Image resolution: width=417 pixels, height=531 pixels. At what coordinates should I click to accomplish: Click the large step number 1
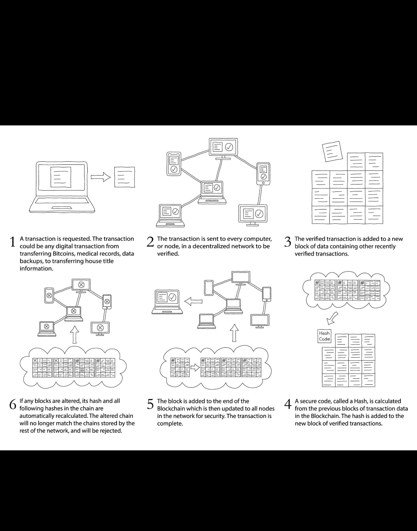[x=12, y=242]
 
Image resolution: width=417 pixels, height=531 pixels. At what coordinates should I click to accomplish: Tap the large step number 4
[x=288, y=404]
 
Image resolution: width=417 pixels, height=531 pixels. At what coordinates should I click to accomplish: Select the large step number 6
[x=13, y=404]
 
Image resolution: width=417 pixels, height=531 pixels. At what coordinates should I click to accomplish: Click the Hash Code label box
[x=324, y=336]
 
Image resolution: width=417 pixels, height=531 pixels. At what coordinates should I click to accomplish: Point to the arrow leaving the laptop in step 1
[x=101, y=177]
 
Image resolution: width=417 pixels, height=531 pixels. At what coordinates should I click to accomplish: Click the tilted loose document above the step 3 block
[x=332, y=152]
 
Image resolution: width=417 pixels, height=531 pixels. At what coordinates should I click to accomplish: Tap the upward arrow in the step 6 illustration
[x=75, y=334]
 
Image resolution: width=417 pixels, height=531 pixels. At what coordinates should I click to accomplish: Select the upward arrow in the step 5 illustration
[x=234, y=333]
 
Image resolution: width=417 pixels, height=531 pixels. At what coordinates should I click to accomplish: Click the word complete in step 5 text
[x=170, y=423]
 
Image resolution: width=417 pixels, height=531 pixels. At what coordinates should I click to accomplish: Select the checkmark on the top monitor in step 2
[x=229, y=147]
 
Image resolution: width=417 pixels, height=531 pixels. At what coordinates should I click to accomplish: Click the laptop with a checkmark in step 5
[x=167, y=301]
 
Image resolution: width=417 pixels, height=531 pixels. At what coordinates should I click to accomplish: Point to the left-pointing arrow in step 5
[x=193, y=301]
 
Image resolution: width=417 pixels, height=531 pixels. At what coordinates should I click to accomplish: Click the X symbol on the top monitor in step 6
[x=81, y=284]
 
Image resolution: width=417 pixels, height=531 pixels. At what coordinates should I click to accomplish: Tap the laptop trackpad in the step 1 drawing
[x=62, y=208]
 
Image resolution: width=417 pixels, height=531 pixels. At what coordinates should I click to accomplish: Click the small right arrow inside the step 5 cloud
[x=195, y=367]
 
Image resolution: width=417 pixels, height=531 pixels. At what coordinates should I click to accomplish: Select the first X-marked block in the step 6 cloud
[x=42, y=367]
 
